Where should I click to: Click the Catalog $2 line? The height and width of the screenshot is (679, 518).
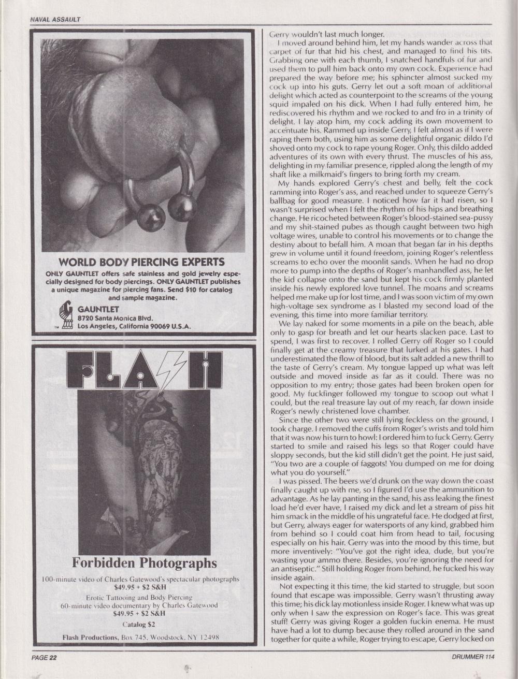[141, 625]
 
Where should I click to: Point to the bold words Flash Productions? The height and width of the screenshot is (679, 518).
[89, 637]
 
